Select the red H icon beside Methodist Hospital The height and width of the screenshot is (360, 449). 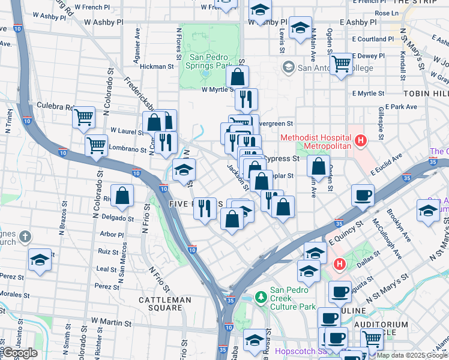coord(361,142)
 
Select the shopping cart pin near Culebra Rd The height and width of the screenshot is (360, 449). coord(84,117)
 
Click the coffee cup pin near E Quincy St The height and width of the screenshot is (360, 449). coord(363,195)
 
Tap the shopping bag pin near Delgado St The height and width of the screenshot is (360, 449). coord(122,196)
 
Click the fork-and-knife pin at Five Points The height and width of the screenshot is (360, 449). coord(205,208)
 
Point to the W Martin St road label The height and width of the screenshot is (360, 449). coord(111,323)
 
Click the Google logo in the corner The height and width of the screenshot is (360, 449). coord(20,353)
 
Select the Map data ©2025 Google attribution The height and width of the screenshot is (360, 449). coord(411,355)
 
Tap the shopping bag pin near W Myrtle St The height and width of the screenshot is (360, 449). coord(238,76)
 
